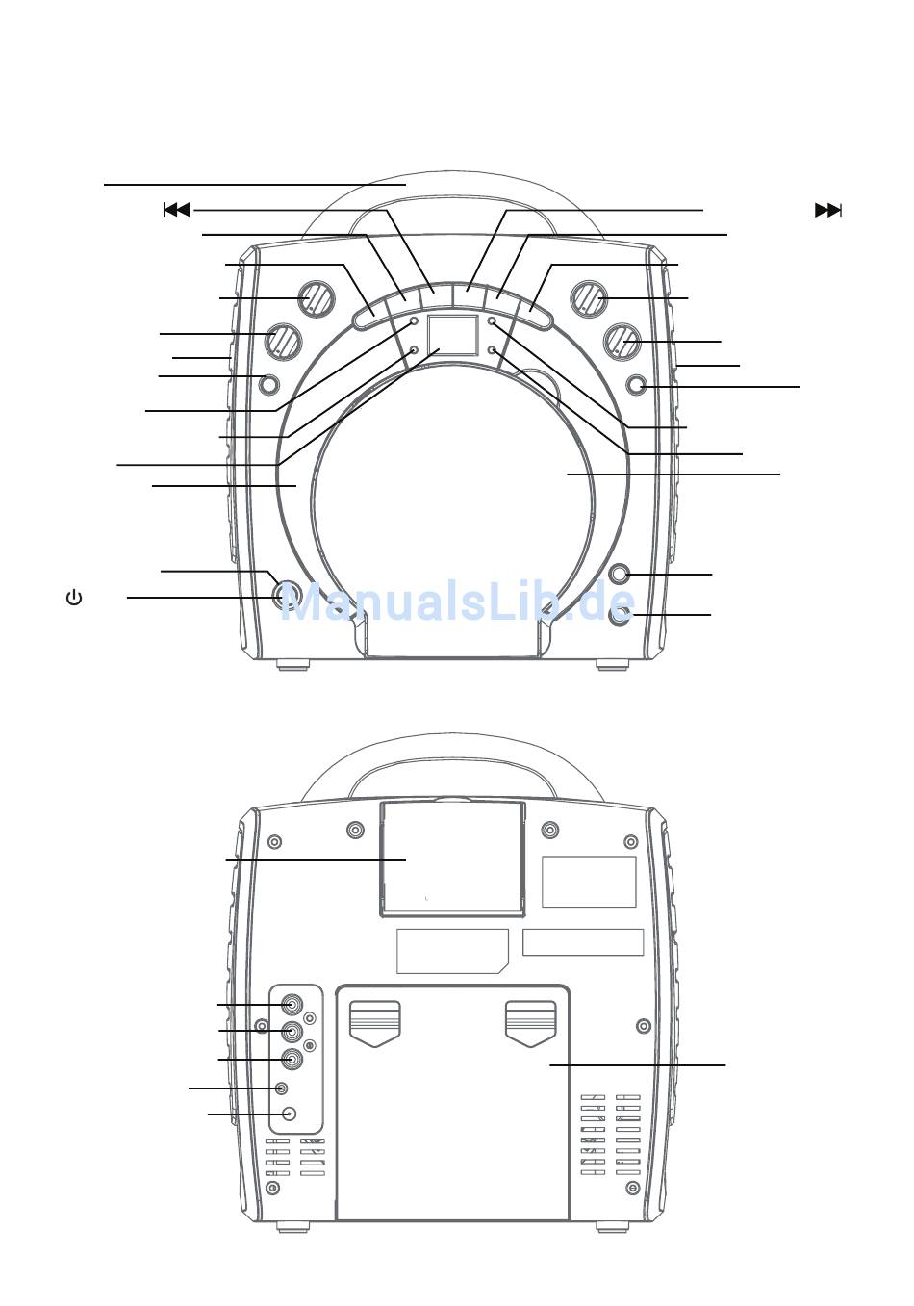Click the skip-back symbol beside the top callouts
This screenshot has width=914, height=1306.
pos(177,209)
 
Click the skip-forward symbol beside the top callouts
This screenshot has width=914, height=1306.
pos(828,210)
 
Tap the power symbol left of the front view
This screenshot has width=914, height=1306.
pos(74,598)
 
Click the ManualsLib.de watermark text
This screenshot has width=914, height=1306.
pos(458,602)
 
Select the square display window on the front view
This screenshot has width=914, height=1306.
pos(453,335)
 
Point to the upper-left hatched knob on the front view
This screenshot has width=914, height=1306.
pos(317,299)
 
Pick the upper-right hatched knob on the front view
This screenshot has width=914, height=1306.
pos(590,299)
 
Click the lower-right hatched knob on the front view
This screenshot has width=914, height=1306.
pos(622,342)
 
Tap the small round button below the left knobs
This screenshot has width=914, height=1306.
pos(268,384)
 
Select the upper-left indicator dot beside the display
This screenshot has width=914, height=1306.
pos(415,321)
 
